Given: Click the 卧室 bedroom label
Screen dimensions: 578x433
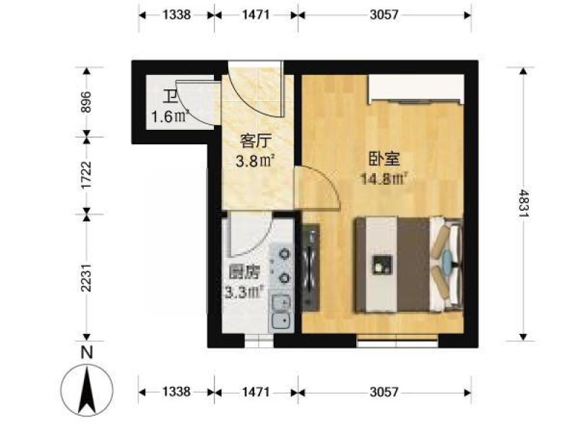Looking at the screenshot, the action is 384,159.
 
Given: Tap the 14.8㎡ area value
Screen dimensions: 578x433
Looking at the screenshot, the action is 384,179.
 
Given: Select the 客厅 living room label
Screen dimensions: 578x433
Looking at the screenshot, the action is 256,141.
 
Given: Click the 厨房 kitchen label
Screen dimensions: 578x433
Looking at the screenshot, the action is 244,273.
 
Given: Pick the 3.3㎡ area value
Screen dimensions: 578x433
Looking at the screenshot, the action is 244,293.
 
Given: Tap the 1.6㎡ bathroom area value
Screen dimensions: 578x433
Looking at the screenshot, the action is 170,117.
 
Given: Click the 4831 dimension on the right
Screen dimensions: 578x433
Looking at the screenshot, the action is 523,203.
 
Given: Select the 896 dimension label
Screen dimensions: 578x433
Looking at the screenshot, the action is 85,102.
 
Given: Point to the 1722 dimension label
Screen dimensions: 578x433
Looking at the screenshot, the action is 85,175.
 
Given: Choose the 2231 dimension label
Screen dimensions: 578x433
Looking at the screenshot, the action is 85,278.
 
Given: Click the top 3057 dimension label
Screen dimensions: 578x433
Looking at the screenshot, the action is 384,14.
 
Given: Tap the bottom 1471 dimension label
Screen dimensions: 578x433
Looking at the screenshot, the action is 256,392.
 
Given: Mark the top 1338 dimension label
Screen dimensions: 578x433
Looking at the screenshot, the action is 176,14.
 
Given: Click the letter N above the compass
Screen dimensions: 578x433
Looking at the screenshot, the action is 87,352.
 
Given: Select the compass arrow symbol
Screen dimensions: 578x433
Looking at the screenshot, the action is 87,391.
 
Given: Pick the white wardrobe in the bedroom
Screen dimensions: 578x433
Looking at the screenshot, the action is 417,89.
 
